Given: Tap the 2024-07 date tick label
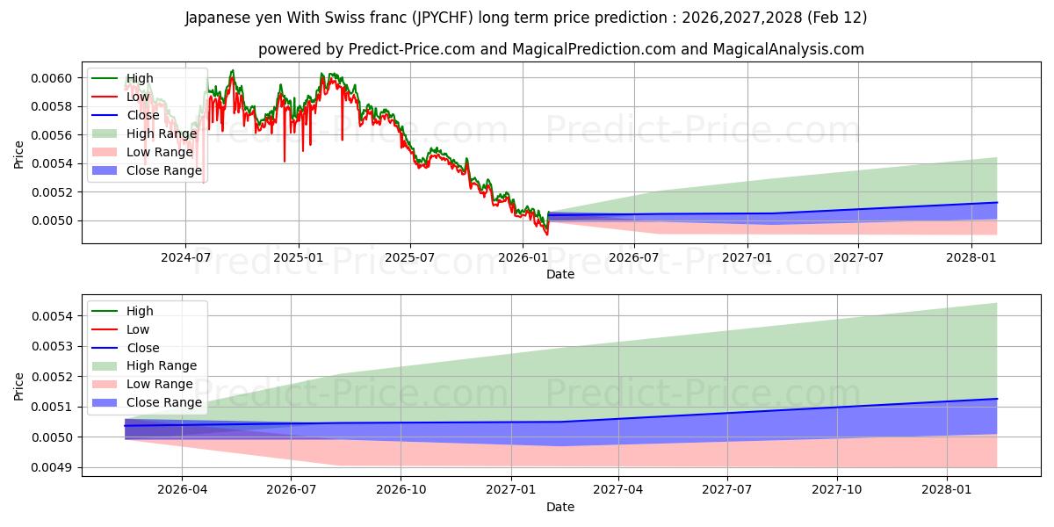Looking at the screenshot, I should tap(185, 258).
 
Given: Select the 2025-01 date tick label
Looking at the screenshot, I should tap(299, 258).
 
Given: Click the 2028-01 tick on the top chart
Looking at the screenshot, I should tap(971, 258).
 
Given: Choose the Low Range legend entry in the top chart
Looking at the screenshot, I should tap(160, 152).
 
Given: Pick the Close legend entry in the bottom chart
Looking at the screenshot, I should tap(143, 348).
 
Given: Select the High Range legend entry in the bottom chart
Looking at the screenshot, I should tap(162, 365).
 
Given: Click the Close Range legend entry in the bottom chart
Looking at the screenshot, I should tap(164, 402).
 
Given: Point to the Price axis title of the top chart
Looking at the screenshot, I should tap(19, 155).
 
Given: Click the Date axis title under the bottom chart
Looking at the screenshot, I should tap(560, 507).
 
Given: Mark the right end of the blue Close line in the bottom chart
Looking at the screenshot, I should tap(997, 399).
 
